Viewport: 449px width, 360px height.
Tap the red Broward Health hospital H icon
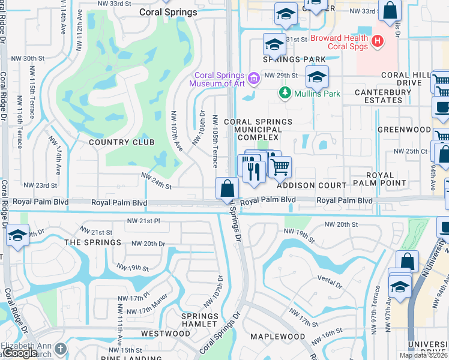378,41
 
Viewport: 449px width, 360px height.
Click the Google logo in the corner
19,353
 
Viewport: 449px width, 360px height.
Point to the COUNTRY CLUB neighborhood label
122,142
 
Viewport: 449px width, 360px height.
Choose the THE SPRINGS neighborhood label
92,242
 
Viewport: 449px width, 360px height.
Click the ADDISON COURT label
312,185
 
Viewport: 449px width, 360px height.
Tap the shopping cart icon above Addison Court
280,166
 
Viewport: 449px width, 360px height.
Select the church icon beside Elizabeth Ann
60,349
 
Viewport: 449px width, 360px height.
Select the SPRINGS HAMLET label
200,320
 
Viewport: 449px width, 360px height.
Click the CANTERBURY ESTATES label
383,96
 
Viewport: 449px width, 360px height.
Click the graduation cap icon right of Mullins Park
317,76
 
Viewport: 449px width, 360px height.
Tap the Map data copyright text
424,355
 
